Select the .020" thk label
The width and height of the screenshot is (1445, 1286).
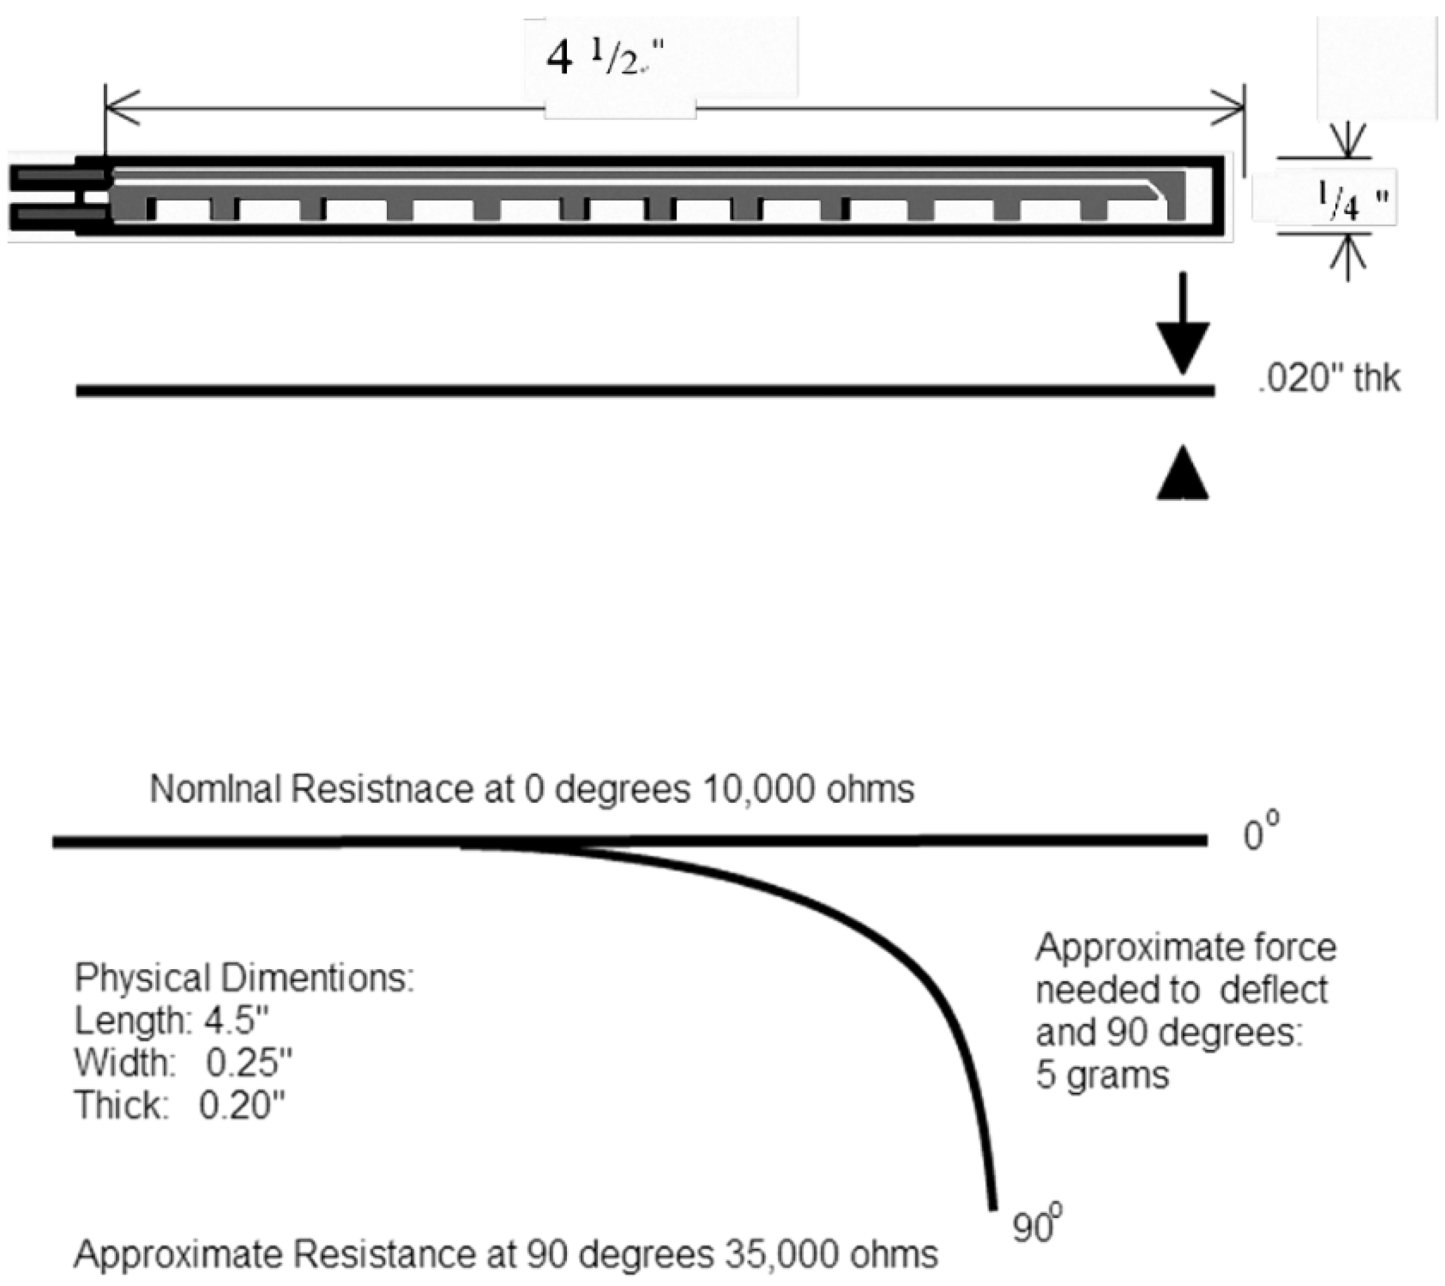1328,380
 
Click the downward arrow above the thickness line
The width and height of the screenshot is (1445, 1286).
1183,325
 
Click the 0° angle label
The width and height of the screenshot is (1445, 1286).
1261,834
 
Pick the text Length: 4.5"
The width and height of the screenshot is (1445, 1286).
173,1020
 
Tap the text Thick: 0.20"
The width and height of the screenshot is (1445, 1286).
180,1105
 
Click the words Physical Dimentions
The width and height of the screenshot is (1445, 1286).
244,979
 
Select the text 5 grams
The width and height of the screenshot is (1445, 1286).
1102,1076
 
